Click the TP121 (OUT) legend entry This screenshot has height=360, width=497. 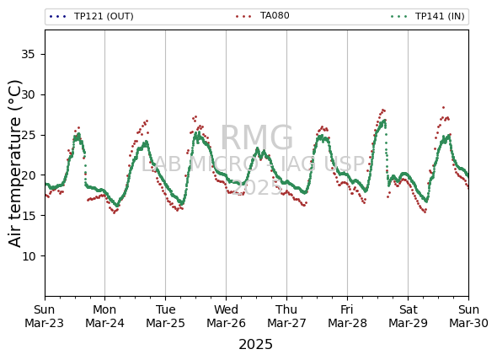(92, 16)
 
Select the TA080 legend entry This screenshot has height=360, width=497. (263, 15)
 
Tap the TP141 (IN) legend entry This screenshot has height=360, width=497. (428, 16)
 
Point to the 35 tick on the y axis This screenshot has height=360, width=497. (28, 55)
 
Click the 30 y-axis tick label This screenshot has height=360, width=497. (28, 94)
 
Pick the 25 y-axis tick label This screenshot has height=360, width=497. (28, 135)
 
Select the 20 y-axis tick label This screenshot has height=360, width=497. (28, 175)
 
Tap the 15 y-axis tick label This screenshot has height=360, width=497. (28, 216)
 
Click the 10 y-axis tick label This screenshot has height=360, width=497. (28, 256)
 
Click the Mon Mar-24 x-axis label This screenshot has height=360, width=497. (105, 316)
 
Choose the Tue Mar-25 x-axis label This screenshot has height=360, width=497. (165, 316)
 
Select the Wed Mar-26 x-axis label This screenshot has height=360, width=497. (226, 316)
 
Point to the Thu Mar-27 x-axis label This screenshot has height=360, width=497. (287, 316)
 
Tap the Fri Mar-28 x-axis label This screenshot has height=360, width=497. (347, 316)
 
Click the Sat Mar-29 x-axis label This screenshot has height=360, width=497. (408, 316)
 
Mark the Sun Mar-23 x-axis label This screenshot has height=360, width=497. (45, 316)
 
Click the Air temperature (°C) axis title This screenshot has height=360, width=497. (14, 164)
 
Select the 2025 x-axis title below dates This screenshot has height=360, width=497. (255, 345)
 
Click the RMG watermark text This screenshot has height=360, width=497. (257, 138)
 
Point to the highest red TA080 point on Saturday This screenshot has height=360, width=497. (443, 108)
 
